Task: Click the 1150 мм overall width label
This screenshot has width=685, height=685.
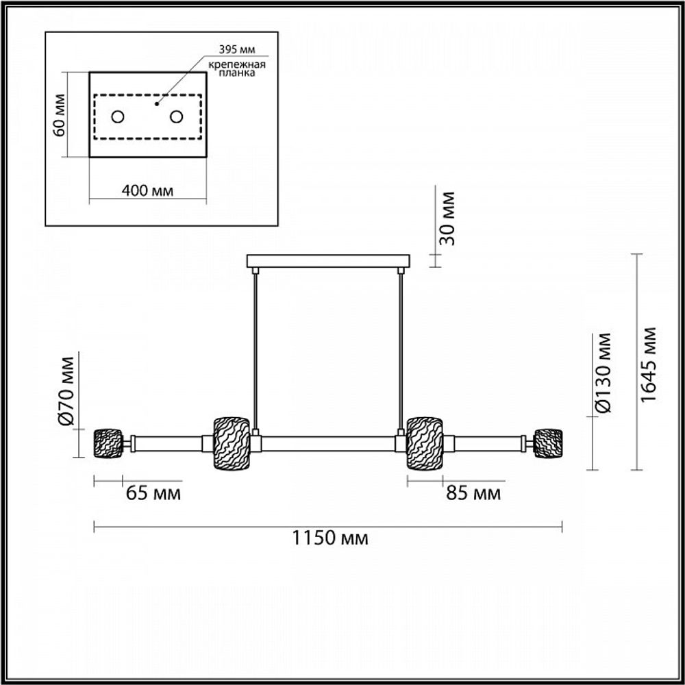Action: point(330,538)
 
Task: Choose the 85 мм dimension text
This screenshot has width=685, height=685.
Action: point(473,493)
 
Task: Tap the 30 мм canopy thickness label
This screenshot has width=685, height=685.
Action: point(446,219)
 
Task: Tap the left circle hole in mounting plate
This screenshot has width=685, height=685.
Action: point(118,116)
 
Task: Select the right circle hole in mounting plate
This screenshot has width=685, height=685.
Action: point(177,116)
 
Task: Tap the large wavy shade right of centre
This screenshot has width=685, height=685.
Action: point(425,444)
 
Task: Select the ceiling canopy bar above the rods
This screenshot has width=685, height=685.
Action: point(328,261)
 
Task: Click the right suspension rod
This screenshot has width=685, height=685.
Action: point(400,349)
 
